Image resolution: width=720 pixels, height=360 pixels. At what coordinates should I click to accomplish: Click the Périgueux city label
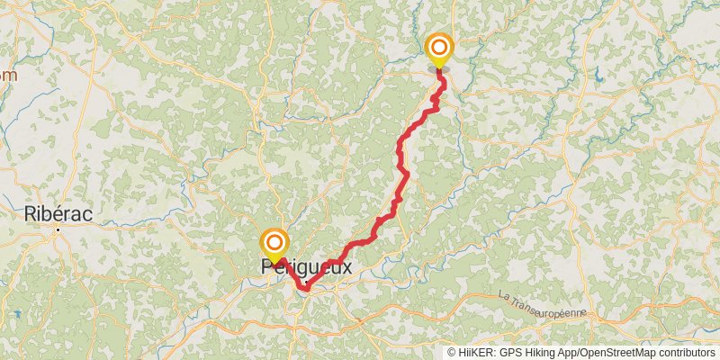point(306,267)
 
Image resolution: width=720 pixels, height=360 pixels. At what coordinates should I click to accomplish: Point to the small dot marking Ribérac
point(58,229)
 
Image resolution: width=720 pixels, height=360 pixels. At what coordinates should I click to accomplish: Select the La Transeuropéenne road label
point(542,305)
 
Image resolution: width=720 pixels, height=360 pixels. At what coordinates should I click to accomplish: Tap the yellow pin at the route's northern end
point(439,50)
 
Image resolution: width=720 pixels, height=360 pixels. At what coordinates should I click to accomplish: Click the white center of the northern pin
point(439,46)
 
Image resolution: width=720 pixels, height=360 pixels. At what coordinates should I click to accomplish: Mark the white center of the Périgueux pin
point(274,242)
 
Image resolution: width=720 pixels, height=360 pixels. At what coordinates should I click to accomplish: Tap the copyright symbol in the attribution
point(452,352)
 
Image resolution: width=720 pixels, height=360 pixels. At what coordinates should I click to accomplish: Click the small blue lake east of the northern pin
point(598,78)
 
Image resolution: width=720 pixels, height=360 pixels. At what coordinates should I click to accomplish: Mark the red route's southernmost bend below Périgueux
point(306,288)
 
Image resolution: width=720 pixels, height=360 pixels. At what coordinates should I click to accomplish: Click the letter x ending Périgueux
point(346,267)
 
